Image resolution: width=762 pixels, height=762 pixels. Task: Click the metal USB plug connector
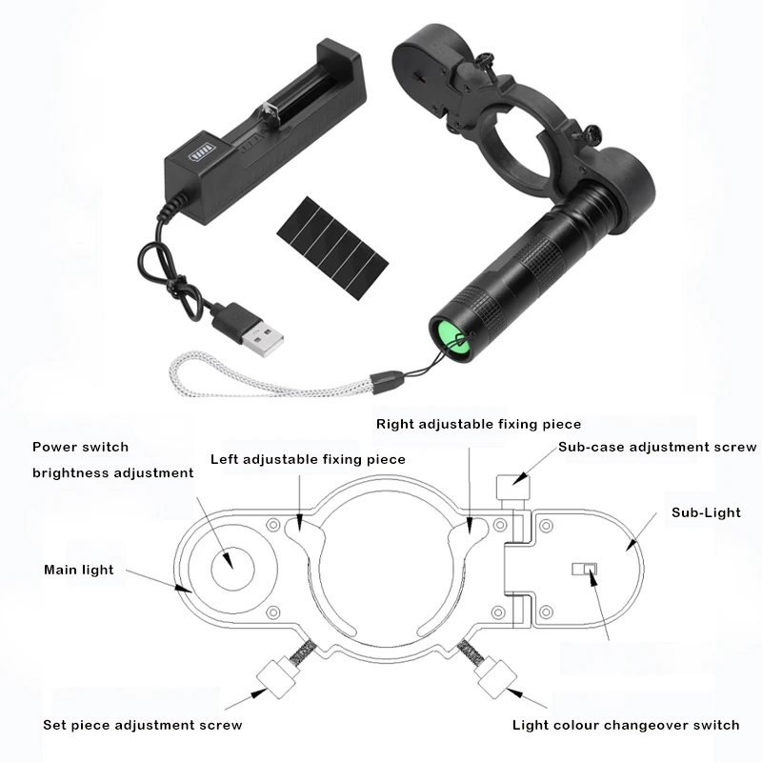point(264,338)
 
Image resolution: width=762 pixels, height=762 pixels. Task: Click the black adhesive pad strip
point(332,248)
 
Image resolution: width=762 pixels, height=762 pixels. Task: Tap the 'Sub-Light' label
point(706,512)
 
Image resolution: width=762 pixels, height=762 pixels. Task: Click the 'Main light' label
point(79,570)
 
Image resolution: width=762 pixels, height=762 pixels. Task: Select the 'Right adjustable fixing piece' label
point(479,424)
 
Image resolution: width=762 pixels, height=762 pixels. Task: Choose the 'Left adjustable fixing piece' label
point(308,460)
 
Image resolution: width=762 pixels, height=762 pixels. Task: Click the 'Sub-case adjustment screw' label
point(657,447)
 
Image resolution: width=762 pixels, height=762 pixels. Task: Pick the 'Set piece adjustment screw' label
point(142,725)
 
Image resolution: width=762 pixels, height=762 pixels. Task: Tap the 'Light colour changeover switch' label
point(626,725)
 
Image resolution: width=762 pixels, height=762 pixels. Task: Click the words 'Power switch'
point(80,447)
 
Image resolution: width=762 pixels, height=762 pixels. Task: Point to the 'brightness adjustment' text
point(112,472)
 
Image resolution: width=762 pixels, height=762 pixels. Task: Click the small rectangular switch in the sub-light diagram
point(584,569)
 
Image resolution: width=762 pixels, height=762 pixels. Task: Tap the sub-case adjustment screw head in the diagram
point(512,487)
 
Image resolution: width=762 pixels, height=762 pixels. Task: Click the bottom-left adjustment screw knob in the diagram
point(275,677)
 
